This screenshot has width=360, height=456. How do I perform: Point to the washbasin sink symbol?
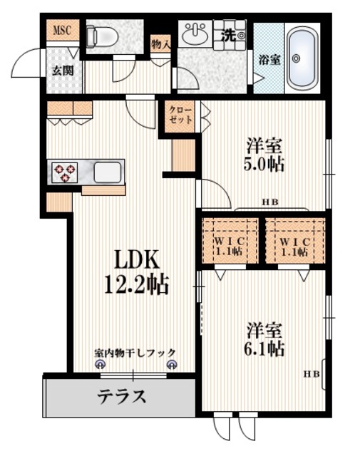tap(193, 33)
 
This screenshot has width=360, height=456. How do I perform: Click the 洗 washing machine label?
tap(230, 34)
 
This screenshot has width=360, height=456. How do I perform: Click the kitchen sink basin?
tap(108, 172)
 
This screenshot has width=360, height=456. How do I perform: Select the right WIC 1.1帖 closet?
tap(294, 247)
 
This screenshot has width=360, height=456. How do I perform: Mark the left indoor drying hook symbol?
tap(100, 365)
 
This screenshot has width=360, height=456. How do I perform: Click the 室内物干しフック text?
tap(135, 353)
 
